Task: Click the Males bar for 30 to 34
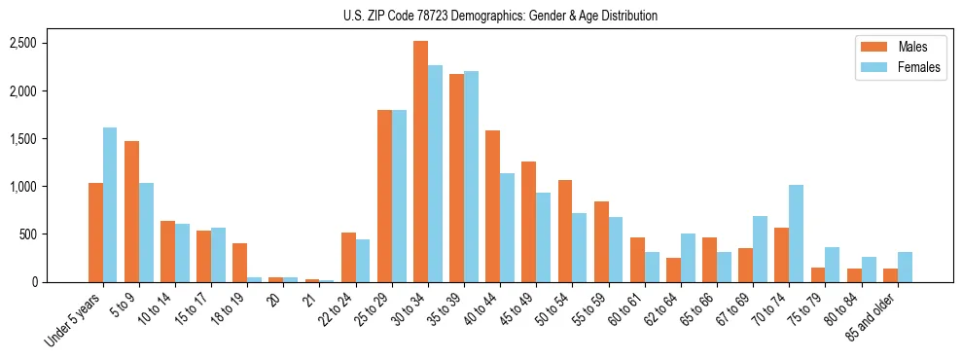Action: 420,162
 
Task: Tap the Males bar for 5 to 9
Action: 131,211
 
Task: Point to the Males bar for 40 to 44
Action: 492,206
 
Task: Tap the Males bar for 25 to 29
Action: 384,196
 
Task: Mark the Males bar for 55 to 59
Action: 601,241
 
